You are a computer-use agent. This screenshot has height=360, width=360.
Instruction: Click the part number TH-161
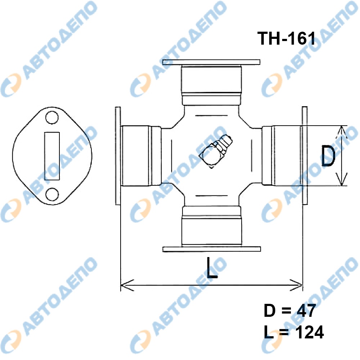pos(286,38)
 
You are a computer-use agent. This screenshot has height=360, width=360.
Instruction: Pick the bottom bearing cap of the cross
pos(212,226)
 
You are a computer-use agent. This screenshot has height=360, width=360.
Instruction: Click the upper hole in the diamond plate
pos(52,118)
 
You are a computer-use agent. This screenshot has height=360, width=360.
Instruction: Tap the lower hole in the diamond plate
pos(52,194)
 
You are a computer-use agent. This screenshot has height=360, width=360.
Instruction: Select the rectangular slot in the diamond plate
pos(52,156)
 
